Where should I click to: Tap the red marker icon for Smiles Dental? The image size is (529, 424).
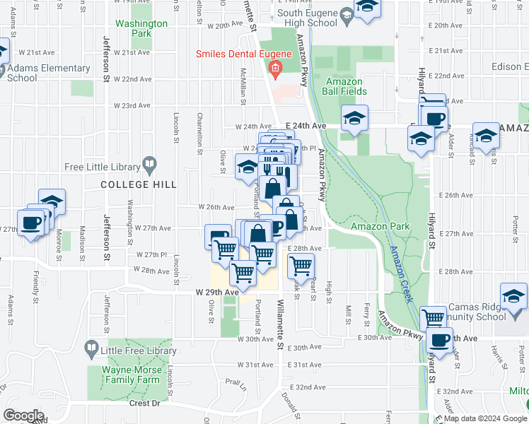click(x=274, y=68)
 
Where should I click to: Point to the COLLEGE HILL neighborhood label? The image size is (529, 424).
click(x=138, y=184)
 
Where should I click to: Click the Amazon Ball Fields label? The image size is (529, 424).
click(x=344, y=87)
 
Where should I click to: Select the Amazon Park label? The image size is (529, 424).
click(x=380, y=226)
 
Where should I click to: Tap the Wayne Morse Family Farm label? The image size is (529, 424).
click(x=132, y=375)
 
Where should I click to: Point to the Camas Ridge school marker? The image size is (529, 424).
click(x=513, y=297)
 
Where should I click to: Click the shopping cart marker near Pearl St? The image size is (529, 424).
click(x=301, y=266)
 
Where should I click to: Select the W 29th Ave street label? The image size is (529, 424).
click(x=217, y=292)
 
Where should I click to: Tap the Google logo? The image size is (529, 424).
click(x=23, y=415)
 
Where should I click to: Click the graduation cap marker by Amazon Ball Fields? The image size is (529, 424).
click(x=354, y=118)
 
